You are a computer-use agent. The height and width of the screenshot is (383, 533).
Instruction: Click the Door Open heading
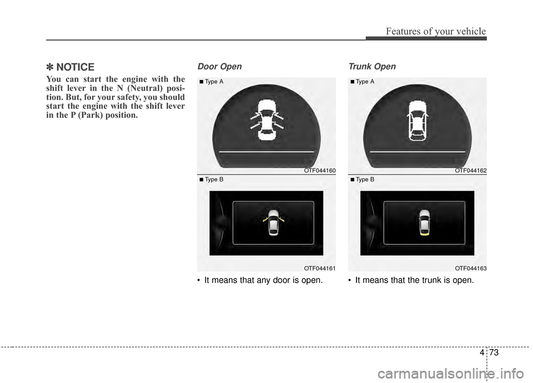click(x=220, y=67)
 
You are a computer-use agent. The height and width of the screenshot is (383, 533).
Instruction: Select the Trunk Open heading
click(x=371, y=67)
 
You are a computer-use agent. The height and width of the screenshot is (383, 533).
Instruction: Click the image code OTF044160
click(x=319, y=171)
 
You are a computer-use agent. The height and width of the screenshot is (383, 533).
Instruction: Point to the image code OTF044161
click(x=319, y=268)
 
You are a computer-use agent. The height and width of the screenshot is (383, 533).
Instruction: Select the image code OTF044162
click(x=470, y=171)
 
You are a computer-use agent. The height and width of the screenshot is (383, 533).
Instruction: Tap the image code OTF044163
click(x=470, y=268)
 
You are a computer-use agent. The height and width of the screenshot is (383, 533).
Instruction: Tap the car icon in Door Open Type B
click(x=273, y=222)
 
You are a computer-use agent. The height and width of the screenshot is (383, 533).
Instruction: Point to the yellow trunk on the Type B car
click(x=425, y=233)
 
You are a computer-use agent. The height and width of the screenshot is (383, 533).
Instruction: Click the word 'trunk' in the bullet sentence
click(x=430, y=280)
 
